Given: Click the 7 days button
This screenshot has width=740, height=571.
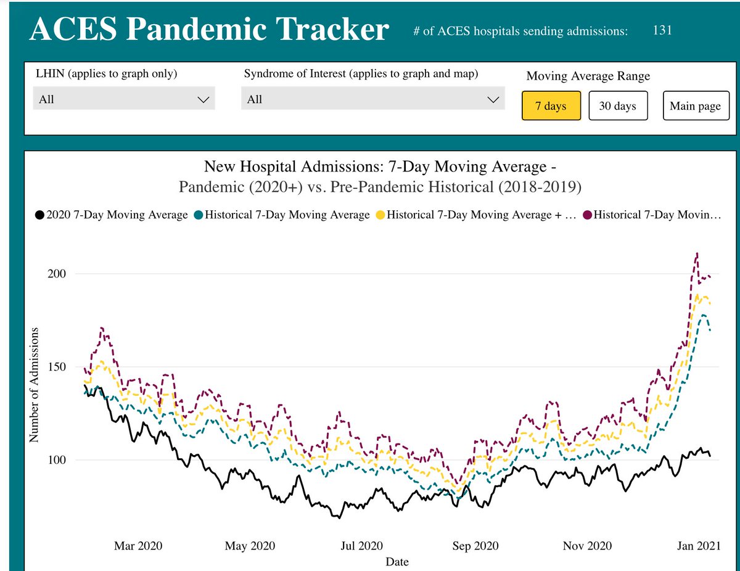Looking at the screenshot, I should point(551,106).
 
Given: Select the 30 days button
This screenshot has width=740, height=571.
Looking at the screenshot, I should point(617,106).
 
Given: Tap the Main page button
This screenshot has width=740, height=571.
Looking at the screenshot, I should point(695,106).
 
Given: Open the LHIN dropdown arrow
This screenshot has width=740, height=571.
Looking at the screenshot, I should point(203,99).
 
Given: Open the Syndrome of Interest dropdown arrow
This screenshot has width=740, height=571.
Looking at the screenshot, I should point(493,99).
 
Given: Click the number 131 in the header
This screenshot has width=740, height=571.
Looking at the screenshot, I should point(662,30).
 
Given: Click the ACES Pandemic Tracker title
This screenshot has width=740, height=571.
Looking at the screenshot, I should point(209,30).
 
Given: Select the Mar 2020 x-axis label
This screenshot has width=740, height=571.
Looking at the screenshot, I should point(138,546).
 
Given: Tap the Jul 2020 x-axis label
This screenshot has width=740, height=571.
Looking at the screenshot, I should point(361,546).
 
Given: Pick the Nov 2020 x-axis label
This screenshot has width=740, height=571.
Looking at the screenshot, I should point(587,546).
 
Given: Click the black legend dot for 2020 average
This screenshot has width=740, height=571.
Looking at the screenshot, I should point(39,215).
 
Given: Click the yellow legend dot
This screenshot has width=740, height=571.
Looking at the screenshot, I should point(380,215).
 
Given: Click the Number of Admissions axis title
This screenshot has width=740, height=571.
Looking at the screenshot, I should point(35,385).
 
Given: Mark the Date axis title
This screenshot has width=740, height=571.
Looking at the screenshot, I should point(397,562).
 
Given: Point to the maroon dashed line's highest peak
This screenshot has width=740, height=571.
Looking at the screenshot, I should point(697,253).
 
